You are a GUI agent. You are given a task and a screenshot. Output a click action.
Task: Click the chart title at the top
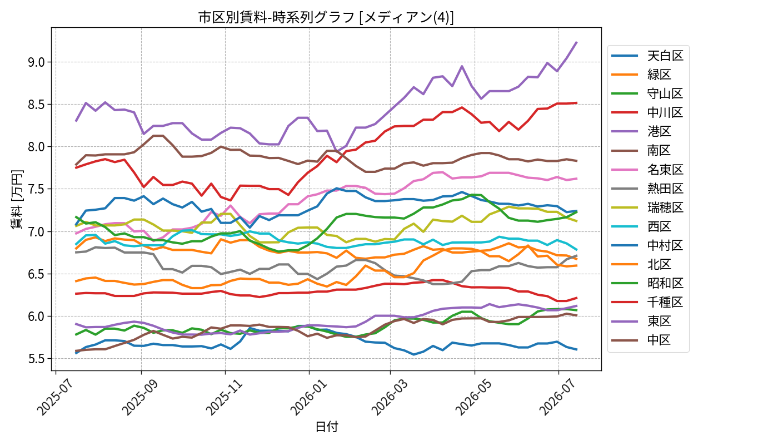coord(326,17)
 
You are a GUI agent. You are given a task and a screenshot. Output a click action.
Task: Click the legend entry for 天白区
coord(647,56)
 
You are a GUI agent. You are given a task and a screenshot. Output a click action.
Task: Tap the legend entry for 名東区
coord(647,170)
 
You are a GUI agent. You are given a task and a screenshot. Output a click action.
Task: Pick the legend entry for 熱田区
coord(647,189)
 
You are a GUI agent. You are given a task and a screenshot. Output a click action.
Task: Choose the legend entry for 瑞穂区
coord(647,207)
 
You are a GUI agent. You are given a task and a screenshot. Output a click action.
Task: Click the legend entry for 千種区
coord(647,302)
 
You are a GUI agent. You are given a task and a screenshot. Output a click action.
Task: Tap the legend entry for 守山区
coord(647,93)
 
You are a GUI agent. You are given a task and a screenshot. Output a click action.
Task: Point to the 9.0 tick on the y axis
coord(37,62)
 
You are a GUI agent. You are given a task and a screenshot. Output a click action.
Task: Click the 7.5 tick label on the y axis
coord(37,189)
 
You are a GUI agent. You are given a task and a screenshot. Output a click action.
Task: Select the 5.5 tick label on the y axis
coord(37,358)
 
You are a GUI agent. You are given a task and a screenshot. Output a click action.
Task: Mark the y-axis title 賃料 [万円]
coord(17,200)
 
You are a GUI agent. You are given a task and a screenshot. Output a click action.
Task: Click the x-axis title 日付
coord(327,427)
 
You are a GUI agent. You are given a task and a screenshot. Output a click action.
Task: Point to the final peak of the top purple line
coord(577,42)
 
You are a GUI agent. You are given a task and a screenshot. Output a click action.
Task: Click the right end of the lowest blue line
coord(577,349)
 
